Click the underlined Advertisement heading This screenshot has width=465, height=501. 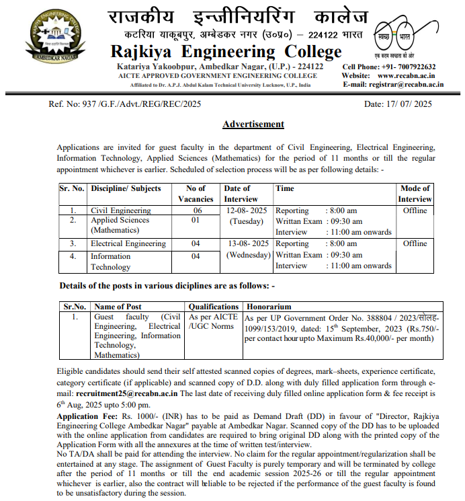(x=253, y=124)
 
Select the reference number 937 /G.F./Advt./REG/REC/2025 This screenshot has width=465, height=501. (x=124, y=104)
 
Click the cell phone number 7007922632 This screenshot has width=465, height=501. (x=410, y=67)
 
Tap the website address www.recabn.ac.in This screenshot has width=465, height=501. (x=410, y=76)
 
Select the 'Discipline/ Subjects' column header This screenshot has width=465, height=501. (x=126, y=189)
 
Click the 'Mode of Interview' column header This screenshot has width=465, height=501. (x=415, y=194)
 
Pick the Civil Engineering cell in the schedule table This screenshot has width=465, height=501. (x=121, y=210)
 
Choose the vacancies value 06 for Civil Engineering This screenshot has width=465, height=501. (x=196, y=210)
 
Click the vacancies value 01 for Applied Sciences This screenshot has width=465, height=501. (x=196, y=220)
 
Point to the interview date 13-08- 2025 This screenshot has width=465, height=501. (x=247, y=243)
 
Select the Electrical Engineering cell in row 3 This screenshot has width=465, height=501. (x=128, y=243)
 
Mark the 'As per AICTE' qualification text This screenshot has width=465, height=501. (x=213, y=317)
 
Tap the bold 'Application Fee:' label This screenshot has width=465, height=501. (x=87, y=418)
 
